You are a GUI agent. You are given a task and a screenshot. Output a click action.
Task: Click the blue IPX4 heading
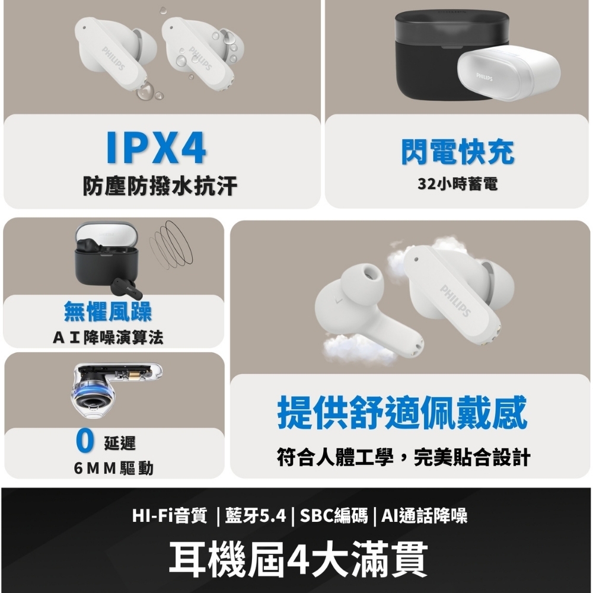[x=157, y=148]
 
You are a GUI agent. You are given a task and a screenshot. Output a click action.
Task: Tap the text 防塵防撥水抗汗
[x=160, y=186]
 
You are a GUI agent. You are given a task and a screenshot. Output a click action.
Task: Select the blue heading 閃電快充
[x=458, y=152]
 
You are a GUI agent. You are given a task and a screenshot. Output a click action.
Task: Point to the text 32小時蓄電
[x=458, y=184]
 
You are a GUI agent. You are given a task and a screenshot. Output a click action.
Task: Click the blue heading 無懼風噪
[x=108, y=311]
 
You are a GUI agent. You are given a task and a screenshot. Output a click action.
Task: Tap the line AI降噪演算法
[x=108, y=337]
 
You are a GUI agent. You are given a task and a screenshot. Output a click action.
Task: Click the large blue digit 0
[x=85, y=441]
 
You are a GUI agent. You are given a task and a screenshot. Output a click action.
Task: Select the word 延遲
[x=120, y=443]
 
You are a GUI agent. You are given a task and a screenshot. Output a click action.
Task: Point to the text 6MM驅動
[x=113, y=468]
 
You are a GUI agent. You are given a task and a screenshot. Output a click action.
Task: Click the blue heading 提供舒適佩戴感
[x=403, y=412]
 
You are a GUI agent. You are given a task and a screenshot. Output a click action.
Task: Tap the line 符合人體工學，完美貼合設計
[x=403, y=457]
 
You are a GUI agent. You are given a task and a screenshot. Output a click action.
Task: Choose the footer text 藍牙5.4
[x=256, y=515]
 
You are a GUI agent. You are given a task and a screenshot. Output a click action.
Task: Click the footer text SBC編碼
[x=333, y=515]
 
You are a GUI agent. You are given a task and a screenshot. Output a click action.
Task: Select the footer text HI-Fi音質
[x=170, y=515]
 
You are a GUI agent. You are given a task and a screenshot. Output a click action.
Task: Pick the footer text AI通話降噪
[x=425, y=515]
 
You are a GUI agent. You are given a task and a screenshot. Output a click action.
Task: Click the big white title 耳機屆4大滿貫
[x=298, y=558]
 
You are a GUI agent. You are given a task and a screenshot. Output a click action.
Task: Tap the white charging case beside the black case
[x=509, y=72]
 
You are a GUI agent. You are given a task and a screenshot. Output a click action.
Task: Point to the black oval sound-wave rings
[x=171, y=244]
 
